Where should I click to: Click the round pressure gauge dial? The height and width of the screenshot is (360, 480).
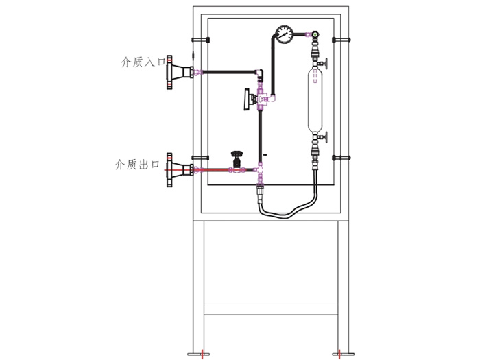point(283,33)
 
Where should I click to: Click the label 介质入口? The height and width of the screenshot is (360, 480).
point(139,62)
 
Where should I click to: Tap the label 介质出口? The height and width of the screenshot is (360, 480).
point(136,165)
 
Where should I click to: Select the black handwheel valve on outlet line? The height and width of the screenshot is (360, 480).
point(237,158)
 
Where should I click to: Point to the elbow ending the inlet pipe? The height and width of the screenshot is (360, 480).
point(261,71)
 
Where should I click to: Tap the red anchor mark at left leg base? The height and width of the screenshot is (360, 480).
point(202,354)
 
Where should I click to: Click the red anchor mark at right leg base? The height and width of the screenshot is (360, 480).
point(339,354)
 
